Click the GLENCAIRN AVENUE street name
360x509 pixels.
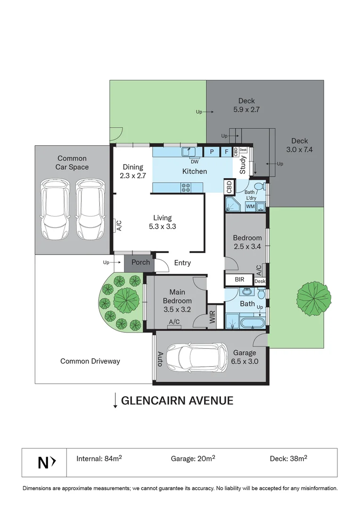coord(177,401)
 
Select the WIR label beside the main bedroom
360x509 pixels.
coord(213,316)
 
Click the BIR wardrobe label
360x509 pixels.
coord(239,279)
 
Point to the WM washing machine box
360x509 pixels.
coord(250,206)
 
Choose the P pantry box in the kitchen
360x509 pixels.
coord(212,152)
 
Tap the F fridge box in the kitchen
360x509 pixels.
coord(227,152)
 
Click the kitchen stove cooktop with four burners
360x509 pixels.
coord(185,187)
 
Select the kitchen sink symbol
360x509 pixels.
coord(189,151)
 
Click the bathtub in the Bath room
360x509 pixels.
coord(251,323)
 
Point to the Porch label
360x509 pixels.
coord(140,263)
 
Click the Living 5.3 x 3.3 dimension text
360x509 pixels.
coord(162,222)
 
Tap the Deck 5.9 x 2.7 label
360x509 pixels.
coord(246,105)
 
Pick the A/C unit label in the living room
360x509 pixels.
coord(119,226)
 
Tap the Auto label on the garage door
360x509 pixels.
coord(160,359)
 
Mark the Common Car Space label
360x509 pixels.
coord(72,163)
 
